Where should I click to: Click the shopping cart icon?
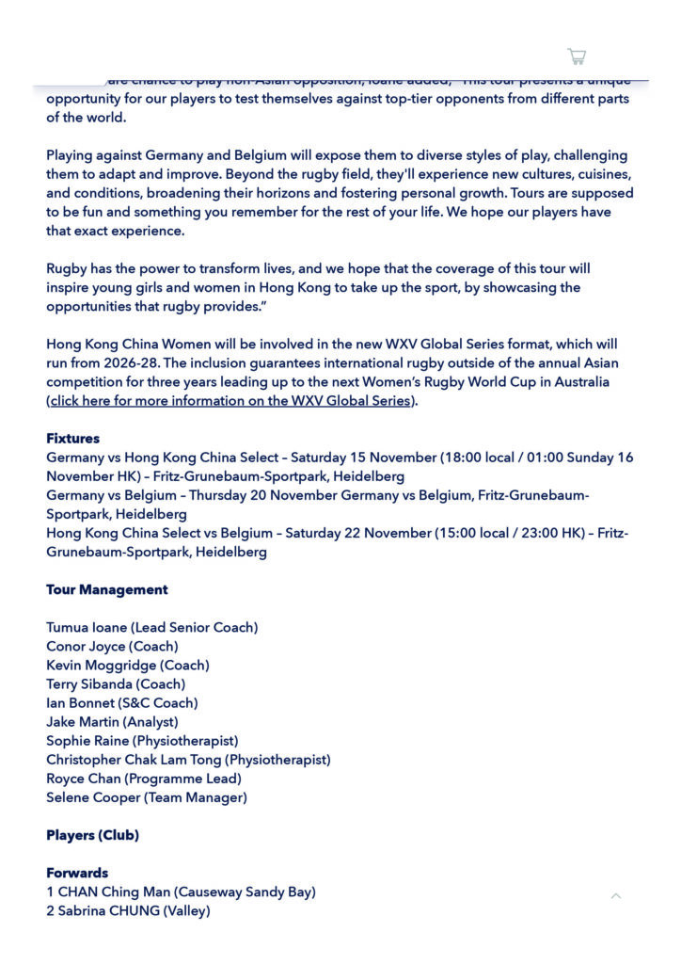577,56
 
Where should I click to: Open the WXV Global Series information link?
230,401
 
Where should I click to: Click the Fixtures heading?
72,439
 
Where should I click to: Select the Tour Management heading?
107,590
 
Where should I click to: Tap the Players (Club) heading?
92,835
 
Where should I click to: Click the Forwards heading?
77,873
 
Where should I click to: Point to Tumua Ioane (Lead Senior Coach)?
151,628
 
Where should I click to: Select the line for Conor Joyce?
112,647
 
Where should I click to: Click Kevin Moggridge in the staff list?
128,666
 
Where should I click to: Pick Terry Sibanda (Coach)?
116,684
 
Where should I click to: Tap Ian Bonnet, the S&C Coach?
122,703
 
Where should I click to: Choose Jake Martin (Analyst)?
112,722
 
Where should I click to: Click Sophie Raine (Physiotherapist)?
142,741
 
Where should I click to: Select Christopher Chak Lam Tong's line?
188,760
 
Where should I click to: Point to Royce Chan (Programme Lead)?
144,779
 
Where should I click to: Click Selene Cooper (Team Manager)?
147,797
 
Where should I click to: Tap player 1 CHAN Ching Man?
181,892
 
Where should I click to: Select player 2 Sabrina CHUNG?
128,910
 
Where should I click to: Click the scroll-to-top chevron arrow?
616,895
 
